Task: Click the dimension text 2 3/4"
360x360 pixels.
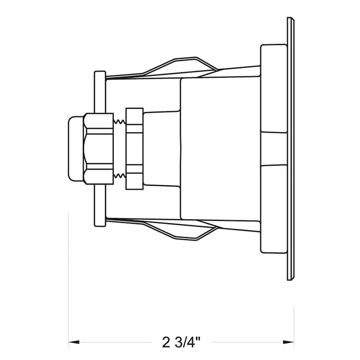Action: [x=181, y=342]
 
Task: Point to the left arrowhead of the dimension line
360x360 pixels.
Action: [x=73, y=342]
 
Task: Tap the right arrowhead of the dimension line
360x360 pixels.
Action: [x=289, y=342]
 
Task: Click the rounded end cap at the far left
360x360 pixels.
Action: [x=75, y=148]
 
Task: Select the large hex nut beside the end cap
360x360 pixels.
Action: [x=99, y=148]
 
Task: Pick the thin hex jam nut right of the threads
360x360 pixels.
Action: [x=134, y=148]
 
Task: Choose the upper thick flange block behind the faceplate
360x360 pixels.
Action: [x=274, y=88]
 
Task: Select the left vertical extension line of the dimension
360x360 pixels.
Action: [x=69, y=280]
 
